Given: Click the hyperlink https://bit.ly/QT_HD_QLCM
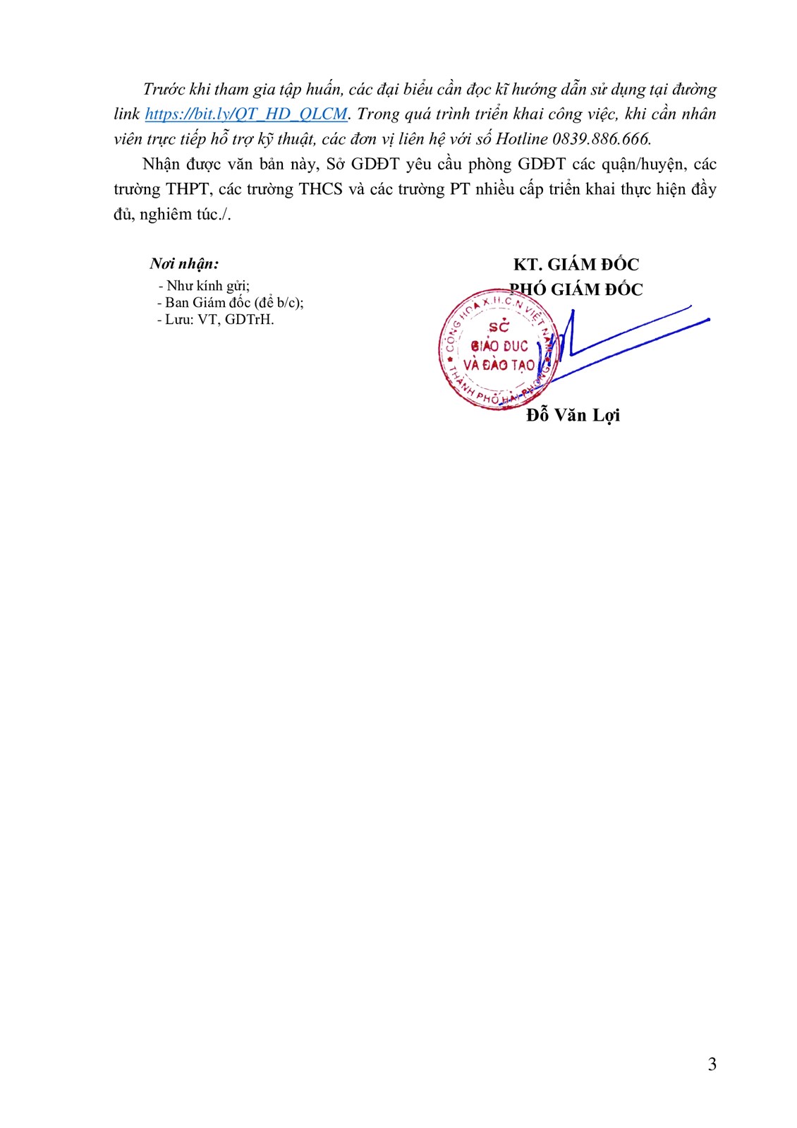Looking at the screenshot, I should [246, 114].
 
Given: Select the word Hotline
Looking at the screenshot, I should [522, 139].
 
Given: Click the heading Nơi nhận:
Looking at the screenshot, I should [184, 264].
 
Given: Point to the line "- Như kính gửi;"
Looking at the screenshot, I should [204, 286].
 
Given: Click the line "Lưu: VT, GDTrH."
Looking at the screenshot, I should [216, 320].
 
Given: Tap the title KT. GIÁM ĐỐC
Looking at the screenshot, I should [576, 265].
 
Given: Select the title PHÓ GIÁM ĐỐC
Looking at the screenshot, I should [576, 289].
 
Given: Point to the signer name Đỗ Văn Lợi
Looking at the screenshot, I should [573, 415].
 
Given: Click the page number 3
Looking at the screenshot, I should [712, 1064].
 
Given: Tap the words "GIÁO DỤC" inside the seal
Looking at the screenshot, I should [499, 347].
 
